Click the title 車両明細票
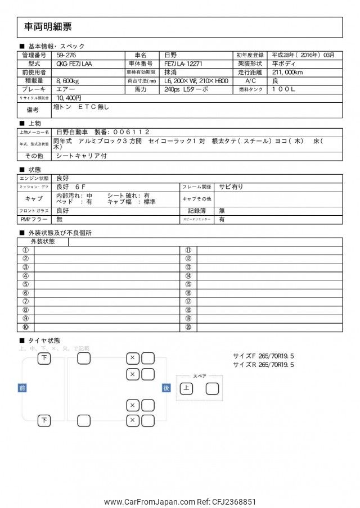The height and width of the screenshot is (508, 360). pyautogui.click(x=48, y=27)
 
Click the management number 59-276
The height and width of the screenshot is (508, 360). pyautogui.click(x=66, y=56)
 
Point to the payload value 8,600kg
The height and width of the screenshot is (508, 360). pyautogui.click(x=67, y=81)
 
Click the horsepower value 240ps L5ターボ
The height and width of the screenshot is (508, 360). pyautogui.click(x=186, y=89)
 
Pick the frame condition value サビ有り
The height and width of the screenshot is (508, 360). pyautogui.click(x=231, y=187)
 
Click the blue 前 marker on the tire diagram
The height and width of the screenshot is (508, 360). pyautogui.click(x=22, y=388)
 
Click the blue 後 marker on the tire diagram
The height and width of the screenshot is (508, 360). pyautogui.click(x=166, y=388)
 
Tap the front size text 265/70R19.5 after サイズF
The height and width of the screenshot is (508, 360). pyautogui.click(x=276, y=356)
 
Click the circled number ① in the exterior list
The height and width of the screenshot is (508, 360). pyautogui.click(x=25, y=251)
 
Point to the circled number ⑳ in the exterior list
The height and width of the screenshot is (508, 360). pyautogui.click(x=188, y=327)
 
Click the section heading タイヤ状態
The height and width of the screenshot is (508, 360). pyautogui.click(x=44, y=341)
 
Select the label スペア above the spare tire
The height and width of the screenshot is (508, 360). pyautogui.click(x=199, y=376)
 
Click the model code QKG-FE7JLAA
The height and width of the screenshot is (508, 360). pyautogui.click(x=74, y=64)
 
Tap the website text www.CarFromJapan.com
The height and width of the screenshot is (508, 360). pyautogui.click(x=149, y=502)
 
